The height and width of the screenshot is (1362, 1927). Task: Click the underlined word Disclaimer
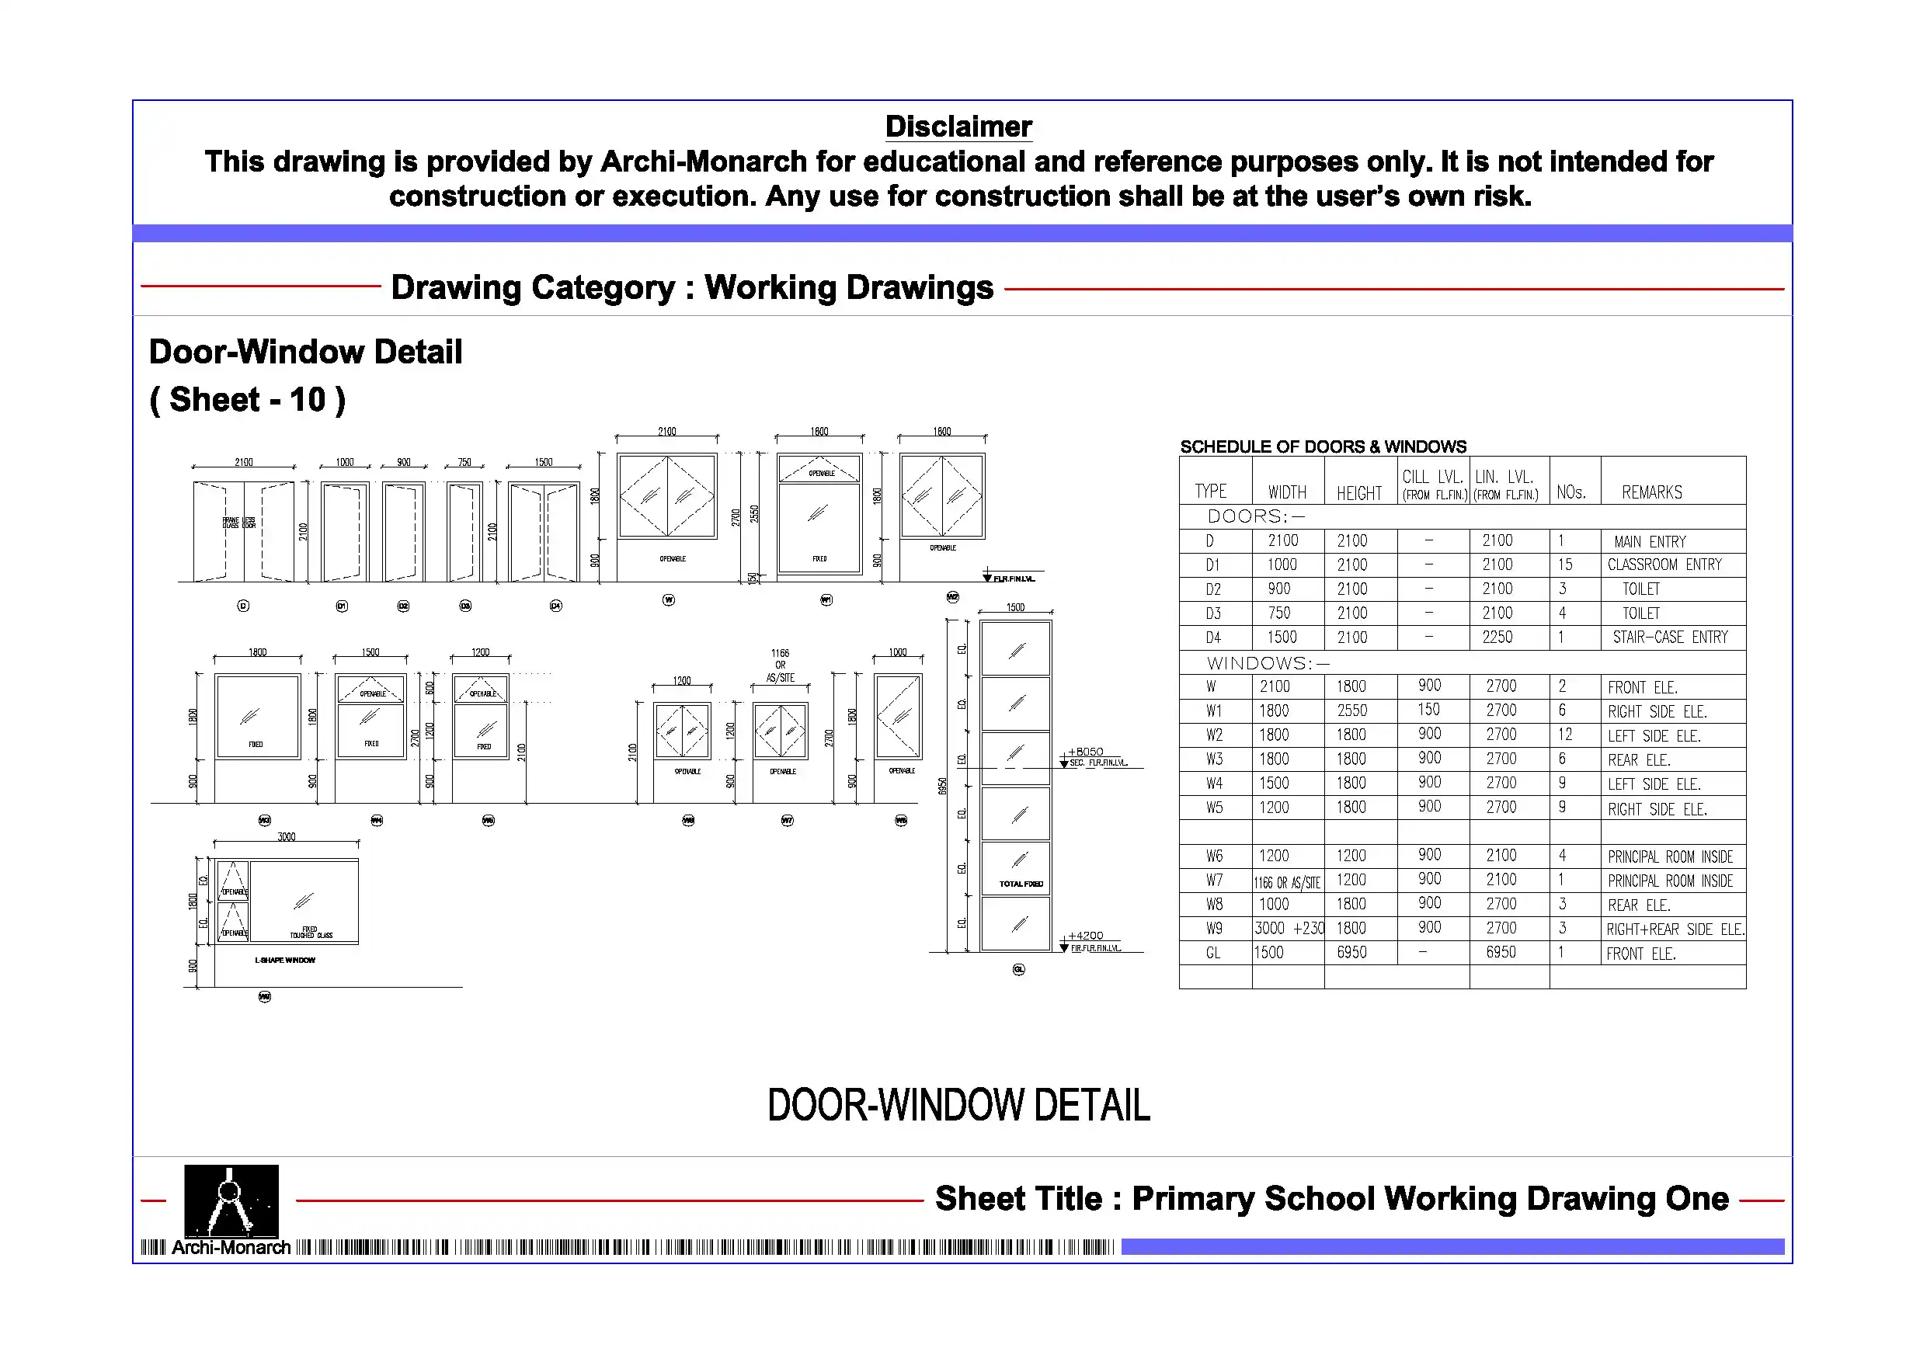(x=958, y=127)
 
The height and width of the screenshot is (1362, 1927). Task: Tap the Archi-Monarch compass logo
(x=231, y=1201)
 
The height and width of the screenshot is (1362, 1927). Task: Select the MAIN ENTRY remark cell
(x=1649, y=542)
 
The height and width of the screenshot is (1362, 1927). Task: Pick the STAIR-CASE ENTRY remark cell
(x=1669, y=638)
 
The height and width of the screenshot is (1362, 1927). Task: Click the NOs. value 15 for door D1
(x=1564, y=565)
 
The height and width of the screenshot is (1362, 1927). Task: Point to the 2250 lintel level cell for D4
(x=1497, y=638)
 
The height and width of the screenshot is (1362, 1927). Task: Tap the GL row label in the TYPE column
(x=1212, y=954)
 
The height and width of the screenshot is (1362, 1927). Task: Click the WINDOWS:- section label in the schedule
(x=1268, y=664)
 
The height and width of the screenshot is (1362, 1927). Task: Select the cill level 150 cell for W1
(x=1428, y=710)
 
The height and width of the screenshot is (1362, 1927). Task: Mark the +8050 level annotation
(x=1085, y=752)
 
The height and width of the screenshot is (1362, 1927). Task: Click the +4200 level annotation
(x=1085, y=936)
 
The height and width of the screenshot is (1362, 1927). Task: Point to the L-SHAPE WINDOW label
(x=284, y=961)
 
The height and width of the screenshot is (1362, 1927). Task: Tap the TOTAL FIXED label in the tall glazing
(x=1021, y=884)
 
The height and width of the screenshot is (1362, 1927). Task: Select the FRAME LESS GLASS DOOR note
(x=239, y=523)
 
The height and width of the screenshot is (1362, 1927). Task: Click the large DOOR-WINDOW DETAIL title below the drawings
(x=958, y=1105)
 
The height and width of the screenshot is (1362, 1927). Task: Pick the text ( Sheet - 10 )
(x=247, y=401)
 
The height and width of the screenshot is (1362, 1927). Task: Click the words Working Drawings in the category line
(x=847, y=288)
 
